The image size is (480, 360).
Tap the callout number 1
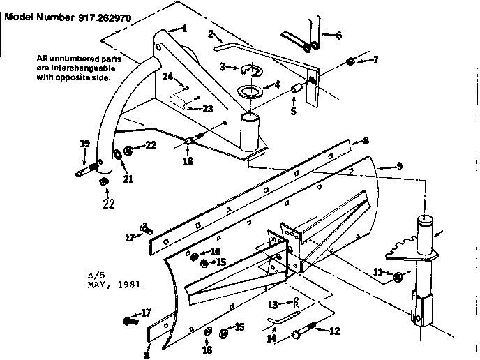coord(184,29)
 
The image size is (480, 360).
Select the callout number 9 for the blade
coord(400,166)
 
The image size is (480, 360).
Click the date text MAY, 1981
coord(114,285)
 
